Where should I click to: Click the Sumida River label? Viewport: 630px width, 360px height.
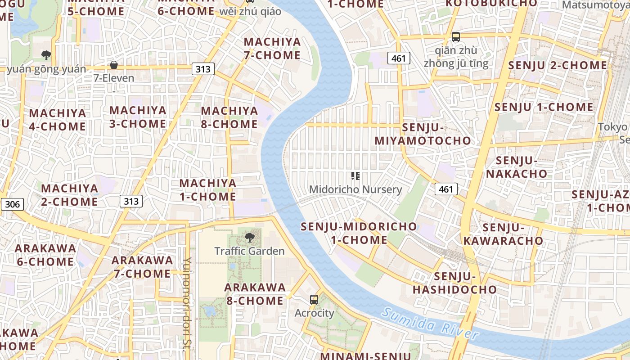pos(430,323)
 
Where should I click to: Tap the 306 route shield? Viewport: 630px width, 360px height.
pos(12,204)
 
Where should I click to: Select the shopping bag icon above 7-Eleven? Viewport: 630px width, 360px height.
pos(114,65)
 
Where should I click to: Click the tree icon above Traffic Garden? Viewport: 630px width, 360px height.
pos(249,237)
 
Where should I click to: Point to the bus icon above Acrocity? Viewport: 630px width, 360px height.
pos(314,300)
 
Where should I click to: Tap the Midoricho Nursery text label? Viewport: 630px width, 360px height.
pos(355,189)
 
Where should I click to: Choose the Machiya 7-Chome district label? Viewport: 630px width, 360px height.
pos(272,49)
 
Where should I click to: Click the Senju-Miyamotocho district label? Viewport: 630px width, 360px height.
pos(423,134)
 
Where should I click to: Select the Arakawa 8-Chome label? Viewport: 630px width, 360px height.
pos(255,294)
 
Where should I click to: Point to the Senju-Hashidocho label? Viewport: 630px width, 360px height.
pos(454,283)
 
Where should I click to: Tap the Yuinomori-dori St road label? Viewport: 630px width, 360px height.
pos(188,297)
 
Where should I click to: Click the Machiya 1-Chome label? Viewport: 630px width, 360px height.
pos(208,190)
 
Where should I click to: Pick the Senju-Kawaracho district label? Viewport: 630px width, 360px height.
pos(503,234)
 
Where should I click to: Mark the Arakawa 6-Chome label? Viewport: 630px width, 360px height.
pos(45,255)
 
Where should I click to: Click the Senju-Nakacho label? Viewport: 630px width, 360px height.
pos(522,167)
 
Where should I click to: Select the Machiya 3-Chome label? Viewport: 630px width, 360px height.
pos(138,117)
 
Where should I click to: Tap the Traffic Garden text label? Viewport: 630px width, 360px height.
pos(249,251)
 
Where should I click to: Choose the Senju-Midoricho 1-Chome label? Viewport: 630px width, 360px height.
pos(359,233)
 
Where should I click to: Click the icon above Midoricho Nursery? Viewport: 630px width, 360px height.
pos(355,176)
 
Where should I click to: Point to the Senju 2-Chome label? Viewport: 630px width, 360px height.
pos(558,66)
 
